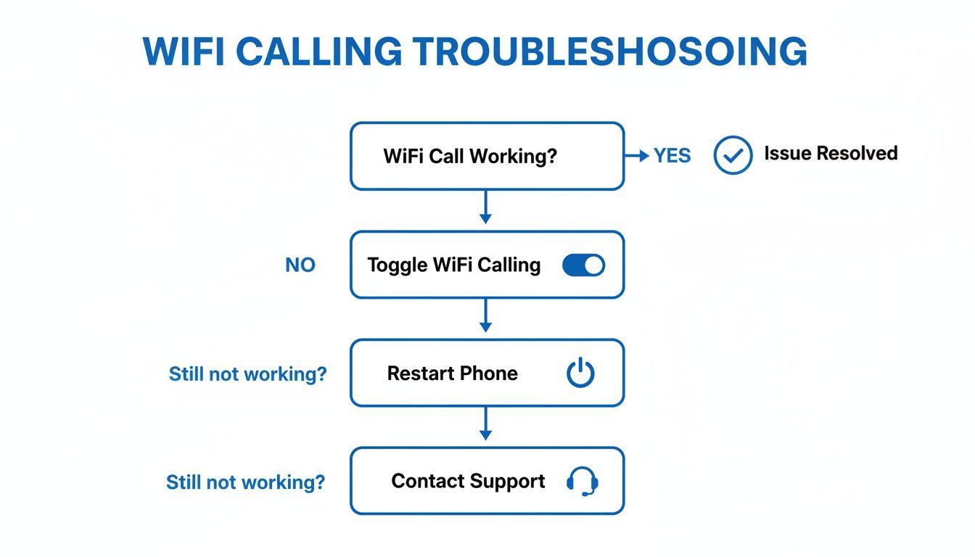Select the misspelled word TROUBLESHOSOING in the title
pyautogui.click(x=609, y=52)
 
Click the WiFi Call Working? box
pyautogui.click(x=487, y=156)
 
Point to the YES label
pyautogui.click(x=672, y=156)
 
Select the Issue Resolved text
pyautogui.click(x=831, y=154)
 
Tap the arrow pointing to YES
pyautogui.click(x=637, y=156)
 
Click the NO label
pyautogui.click(x=300, y=265)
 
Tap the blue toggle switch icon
pyautogui.click(x=583, y=265)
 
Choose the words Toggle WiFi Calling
pyautogui.click(x=454, y=265)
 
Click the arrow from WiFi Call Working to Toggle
pyautogui.click(x=486, y=208)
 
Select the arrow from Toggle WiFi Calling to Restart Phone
pyautogui.click(x=486, y=316)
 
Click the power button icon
pyautogui.click(x=580, y=374)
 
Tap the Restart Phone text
pyautogui.click(x=453, y=374)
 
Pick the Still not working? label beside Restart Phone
pyautogui.click(x=247, y=374)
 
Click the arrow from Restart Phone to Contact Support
pyautogui.click(x=486, y=424)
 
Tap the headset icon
pyautogui.click(x=582, y=482)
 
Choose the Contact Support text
pyautogui.click(x=468, y=482)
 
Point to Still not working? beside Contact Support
pyautogui.click(x=245, y=482)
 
